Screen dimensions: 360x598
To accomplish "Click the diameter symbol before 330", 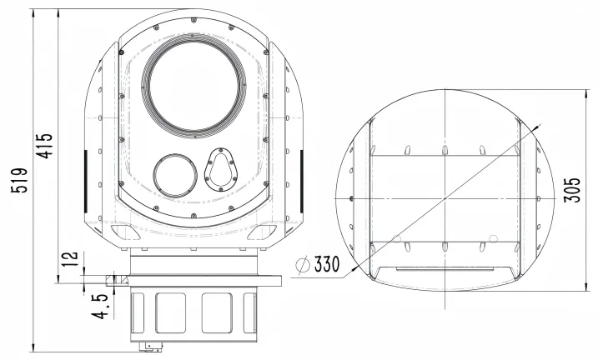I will point(304,266).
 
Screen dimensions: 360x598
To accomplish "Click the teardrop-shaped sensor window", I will point(220,169).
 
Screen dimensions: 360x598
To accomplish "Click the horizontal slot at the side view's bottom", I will point(445,269).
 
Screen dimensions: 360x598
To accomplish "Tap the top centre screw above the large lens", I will point(192,21).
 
